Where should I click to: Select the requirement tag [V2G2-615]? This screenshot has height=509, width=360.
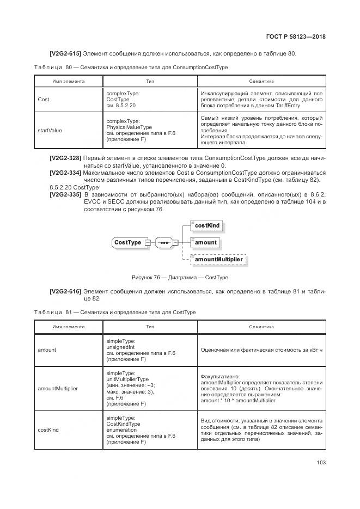(x=65, y=53)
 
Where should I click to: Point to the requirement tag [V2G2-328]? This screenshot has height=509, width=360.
(x=65, y=158)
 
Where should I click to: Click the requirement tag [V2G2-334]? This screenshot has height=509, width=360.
(x=65, y=173)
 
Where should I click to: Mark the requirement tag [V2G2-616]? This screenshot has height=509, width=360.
(x=65, y=292)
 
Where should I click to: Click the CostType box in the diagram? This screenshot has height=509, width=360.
(x=127, y=242)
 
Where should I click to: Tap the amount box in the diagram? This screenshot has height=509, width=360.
(x=205, y=242)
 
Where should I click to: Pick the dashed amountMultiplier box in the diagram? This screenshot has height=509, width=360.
(x=218, y=260)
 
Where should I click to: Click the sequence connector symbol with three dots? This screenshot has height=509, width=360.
(x=163, y=242)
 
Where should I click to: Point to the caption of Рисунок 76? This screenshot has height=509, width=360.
(x=180, y=278)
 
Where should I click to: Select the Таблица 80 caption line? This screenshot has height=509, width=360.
(x=131, y=67)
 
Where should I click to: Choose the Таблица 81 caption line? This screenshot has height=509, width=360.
(x=114, y=312)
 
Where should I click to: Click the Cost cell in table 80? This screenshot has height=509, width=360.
(x=44, y=100)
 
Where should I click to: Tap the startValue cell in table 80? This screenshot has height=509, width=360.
(x=50, y=131)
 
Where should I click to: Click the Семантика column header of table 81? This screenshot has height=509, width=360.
(x=261, y=327)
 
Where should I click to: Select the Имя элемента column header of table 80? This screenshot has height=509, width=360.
(x=68, y=81)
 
